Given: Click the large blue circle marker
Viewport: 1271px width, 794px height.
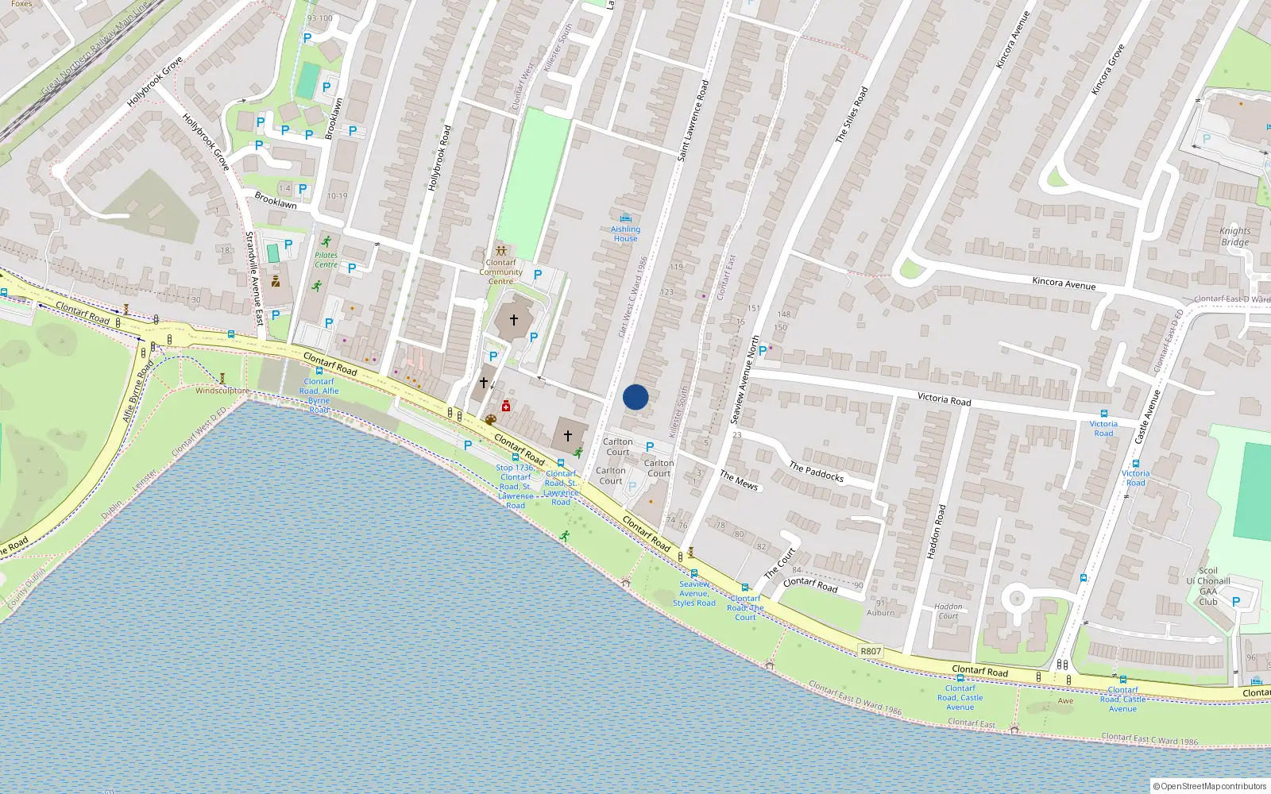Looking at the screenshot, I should (635, 397).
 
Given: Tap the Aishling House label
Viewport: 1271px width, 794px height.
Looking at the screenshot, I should (625, 233).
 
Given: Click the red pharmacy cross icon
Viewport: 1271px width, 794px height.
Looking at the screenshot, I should (506, 407).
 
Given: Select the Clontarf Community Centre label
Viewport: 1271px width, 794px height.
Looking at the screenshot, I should (500, 272).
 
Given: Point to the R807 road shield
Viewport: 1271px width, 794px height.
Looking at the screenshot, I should (871, 651).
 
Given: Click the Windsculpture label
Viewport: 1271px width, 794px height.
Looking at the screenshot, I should (222, 391).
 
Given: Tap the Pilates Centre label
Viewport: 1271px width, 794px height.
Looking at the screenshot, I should (326, 260).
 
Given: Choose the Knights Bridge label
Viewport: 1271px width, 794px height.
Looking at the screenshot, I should (1235, 237).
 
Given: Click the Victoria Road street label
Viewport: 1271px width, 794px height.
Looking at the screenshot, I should (944, 399).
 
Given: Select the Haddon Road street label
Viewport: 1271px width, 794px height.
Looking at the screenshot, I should (937, 531).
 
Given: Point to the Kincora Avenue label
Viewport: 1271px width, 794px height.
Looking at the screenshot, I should (1064, 283).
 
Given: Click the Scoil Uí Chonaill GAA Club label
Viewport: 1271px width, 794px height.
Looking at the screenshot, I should (1207, 586).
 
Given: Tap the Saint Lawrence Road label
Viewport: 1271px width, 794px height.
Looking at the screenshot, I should (692, 121).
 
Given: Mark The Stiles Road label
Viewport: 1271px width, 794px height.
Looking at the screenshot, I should (852, 115).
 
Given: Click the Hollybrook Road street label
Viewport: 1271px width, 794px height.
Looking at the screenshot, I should (439, 157).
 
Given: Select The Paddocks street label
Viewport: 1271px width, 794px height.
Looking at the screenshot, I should (817, 472).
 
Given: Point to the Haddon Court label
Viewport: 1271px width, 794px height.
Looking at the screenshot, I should (948, 611).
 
